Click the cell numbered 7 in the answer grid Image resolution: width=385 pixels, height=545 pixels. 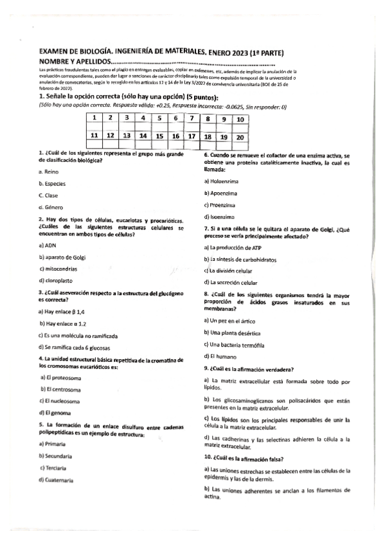point(192,119)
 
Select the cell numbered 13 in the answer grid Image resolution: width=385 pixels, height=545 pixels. point(127,136)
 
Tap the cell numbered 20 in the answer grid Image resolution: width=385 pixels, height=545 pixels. point(240,136)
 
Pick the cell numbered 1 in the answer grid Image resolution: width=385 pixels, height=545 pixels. point(94,118)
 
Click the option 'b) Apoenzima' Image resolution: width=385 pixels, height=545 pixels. point(220,193)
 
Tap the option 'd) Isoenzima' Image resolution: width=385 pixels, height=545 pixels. point(220,216)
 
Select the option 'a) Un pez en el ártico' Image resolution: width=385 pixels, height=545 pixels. point(229,320)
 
